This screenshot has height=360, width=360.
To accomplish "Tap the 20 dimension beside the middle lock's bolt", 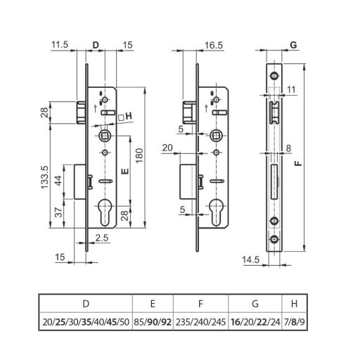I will coord(167,148).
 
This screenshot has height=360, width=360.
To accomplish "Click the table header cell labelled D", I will coord(86,304).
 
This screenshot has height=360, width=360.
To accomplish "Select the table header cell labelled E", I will coord(153,304).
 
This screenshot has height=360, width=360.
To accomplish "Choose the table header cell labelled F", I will coord(200,304).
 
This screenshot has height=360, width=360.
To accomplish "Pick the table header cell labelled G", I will coord(254,304).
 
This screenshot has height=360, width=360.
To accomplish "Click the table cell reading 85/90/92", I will coord(153,322).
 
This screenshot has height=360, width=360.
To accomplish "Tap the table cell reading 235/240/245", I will coord(200,322).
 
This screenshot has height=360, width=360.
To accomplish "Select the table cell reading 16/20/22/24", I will coord(254,322).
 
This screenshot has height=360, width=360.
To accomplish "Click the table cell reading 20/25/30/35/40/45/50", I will coord(86,322).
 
